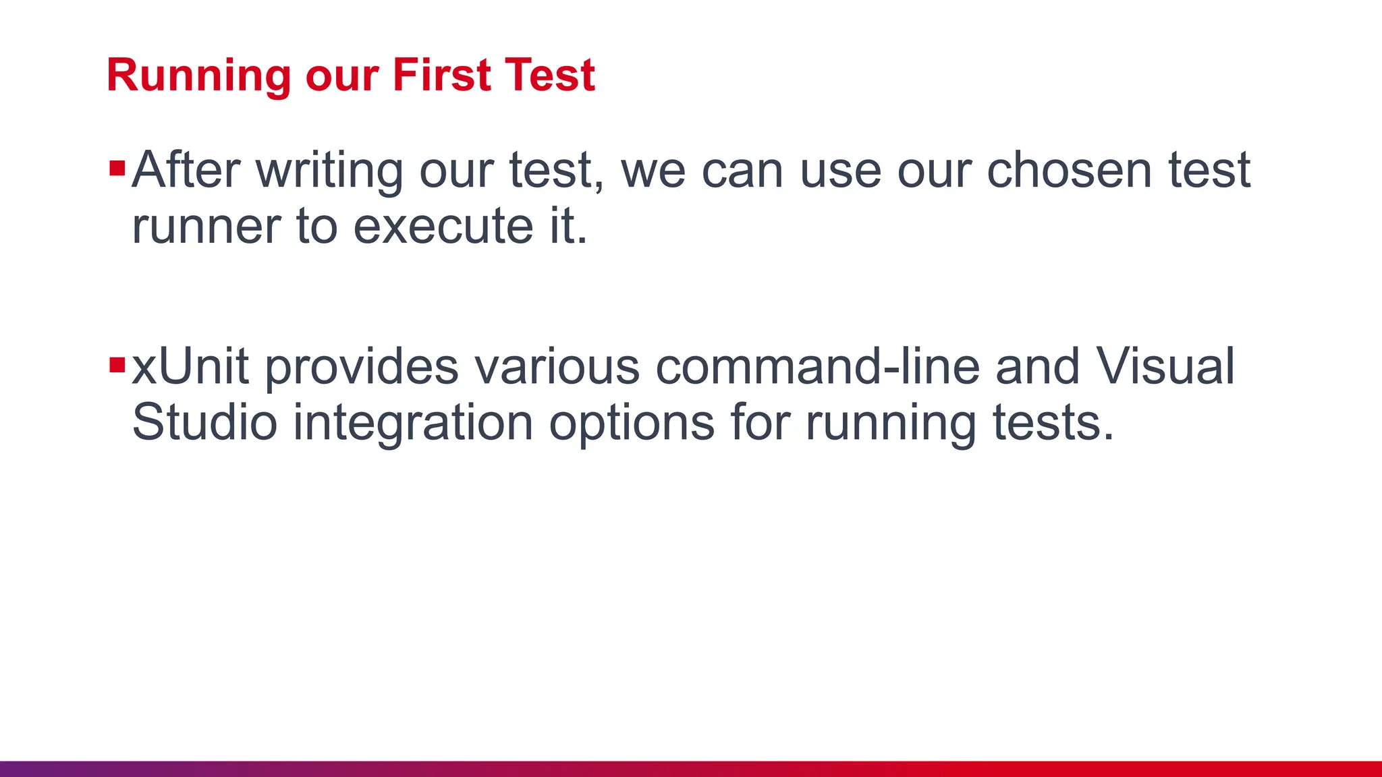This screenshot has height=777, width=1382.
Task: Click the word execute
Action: pyautogui.click(x=443, y=227)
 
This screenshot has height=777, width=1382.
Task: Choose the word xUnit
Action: pyautogui.click(x=190, y=367)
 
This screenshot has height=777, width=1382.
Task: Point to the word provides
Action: pyautogui.click(x=361, y=368)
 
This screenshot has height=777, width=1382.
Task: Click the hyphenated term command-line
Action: pyautogui.click(x=817, y=367)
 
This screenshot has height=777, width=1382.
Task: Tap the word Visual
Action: pyautogui.click(x=1165, y=367)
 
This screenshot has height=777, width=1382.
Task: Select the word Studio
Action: pyautogui.click(x=204, y=423)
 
